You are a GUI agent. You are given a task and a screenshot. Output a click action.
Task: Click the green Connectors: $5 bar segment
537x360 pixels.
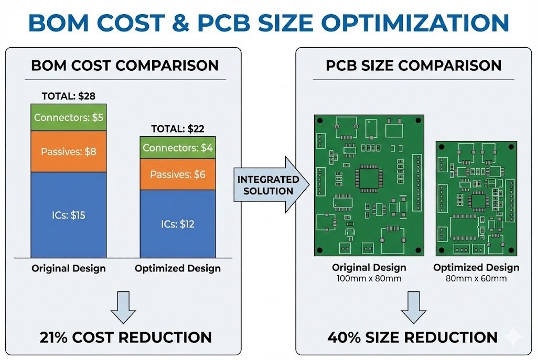(x=68, y=117)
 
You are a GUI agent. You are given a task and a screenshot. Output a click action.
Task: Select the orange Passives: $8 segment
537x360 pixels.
(x=68, y=151)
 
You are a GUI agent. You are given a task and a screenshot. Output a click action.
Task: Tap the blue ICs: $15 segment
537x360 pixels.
(x=68, y=214)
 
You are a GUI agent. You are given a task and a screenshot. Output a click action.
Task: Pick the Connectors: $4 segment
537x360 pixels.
(x=178, y=148)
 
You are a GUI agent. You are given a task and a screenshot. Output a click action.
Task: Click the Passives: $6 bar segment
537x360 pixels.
(x=178, y=174)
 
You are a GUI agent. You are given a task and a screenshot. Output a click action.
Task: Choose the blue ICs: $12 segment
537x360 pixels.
(x=178, y=224)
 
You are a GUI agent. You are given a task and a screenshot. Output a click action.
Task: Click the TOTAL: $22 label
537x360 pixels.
(x=178, y=128)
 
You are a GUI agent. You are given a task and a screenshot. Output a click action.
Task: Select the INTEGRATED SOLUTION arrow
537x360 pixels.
(x=268, y=185)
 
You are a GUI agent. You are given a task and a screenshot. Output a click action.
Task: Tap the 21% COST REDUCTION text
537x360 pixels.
(x=126, y=337)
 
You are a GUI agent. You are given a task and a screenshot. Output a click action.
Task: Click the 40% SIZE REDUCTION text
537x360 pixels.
(x=413, y=337)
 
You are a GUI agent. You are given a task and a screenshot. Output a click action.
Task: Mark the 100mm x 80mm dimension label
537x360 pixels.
(x=369, y=278)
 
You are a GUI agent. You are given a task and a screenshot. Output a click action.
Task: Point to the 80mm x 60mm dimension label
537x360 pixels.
(x=476, y=278)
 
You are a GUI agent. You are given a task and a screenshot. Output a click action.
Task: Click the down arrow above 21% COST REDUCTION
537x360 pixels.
(x=124, y=310)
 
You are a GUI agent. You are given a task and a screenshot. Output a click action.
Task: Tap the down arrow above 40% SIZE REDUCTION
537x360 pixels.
(x=413, y=310)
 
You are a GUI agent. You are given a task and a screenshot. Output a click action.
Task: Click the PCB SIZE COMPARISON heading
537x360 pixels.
(x=413, y=66)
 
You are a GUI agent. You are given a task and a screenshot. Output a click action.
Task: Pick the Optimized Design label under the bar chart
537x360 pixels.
(x=178, y=268)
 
